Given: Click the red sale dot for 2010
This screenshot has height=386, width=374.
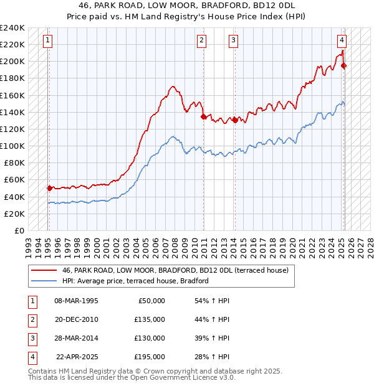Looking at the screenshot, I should pyautogui.click(x=203, y=116).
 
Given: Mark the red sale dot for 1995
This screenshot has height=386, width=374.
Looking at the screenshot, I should pyautogui.click(x=49, y=187).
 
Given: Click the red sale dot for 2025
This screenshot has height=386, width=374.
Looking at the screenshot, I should pyautogui.click(x=345, y=65).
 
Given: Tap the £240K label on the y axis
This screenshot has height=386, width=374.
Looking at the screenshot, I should pyautogui.click(x=12, y=28).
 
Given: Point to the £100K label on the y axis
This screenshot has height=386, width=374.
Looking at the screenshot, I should pyautogui.click(x=12, y=146).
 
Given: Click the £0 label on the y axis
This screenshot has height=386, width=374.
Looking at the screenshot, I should pyautogui.click(x=20, y=230).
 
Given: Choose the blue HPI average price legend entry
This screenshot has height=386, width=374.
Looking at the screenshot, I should pyautogui.click(x=135, y=281).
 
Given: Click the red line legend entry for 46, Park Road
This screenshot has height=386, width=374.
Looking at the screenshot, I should pyautogui.click(x=175, y=271).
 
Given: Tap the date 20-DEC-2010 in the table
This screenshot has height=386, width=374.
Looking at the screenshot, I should pyautogui.click(x=77, y=319).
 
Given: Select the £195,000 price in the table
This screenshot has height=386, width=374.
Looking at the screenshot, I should pyautogui.click(x=150, y=357).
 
